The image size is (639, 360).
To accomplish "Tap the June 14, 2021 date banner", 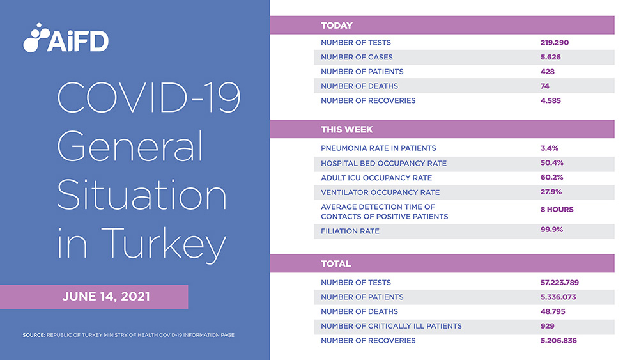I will point(106,297).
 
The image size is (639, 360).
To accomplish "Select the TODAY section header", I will point(337,26).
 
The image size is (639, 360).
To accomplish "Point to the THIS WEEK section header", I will point(347,129).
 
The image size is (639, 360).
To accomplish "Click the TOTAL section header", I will point(336,263).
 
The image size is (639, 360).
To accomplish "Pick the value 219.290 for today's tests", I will point(554,43).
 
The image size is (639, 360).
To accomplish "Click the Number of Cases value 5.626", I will point(551,57).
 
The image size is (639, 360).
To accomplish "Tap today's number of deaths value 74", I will point(545,86).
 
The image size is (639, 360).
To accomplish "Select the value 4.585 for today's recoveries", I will point(551,100).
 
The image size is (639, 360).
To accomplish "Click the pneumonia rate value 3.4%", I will point(550,148).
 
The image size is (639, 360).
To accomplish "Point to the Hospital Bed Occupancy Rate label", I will point(383,163).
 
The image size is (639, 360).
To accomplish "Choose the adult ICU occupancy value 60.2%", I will point(551,177).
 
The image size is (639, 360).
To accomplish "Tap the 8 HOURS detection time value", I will point(557,210).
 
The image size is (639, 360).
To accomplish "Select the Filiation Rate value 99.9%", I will point(551,230).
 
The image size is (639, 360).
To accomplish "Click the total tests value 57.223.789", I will point(564,283).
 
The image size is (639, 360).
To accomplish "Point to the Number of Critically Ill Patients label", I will point(391,326).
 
